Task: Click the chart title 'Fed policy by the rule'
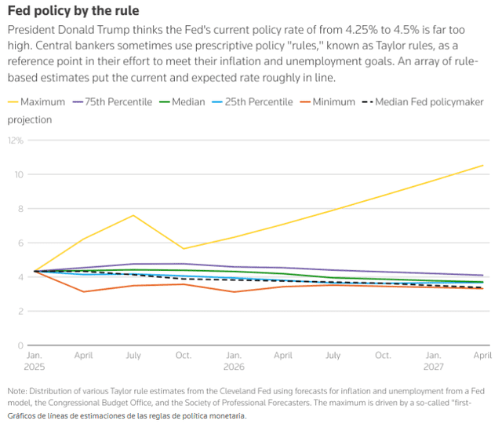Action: coord(74,12)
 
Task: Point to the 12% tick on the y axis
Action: coord(16,141)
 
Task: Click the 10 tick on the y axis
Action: coord(19,174)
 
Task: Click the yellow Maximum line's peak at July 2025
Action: coord(134,215)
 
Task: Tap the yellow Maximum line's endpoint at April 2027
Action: coord(482,165)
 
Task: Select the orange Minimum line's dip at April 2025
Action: coord(84,292)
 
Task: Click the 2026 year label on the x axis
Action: coord(234,367)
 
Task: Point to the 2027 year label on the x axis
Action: coord(432,367)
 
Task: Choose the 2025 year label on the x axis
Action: coord(35,367)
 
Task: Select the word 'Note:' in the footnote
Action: coord(17,390)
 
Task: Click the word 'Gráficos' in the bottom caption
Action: coord(23,415)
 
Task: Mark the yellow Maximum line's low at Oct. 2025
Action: coord(184,249)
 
